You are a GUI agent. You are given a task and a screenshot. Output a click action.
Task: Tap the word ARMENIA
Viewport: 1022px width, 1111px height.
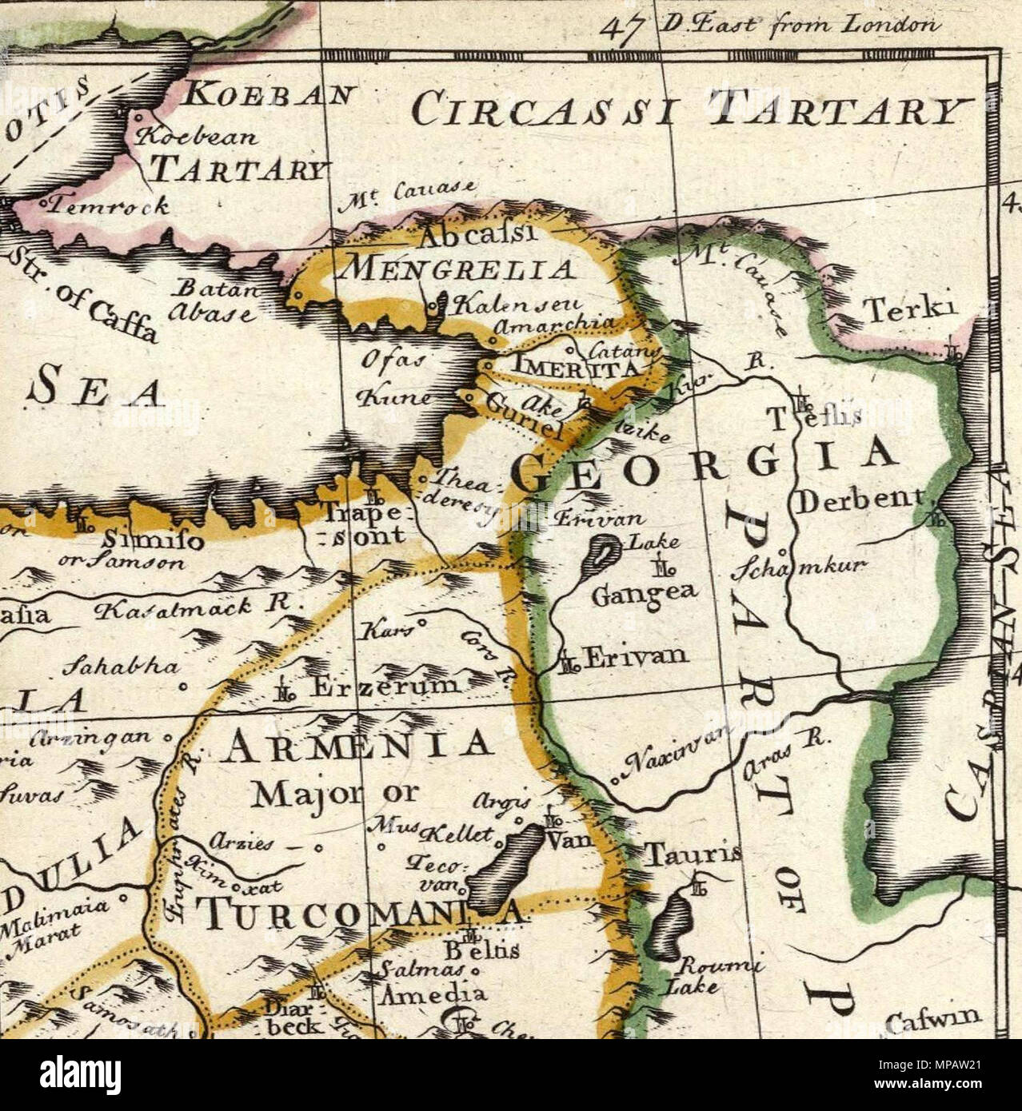click(x=358, y=745)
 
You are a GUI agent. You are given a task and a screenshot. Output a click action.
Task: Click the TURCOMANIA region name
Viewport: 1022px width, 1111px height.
click(x=360, y=913)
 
